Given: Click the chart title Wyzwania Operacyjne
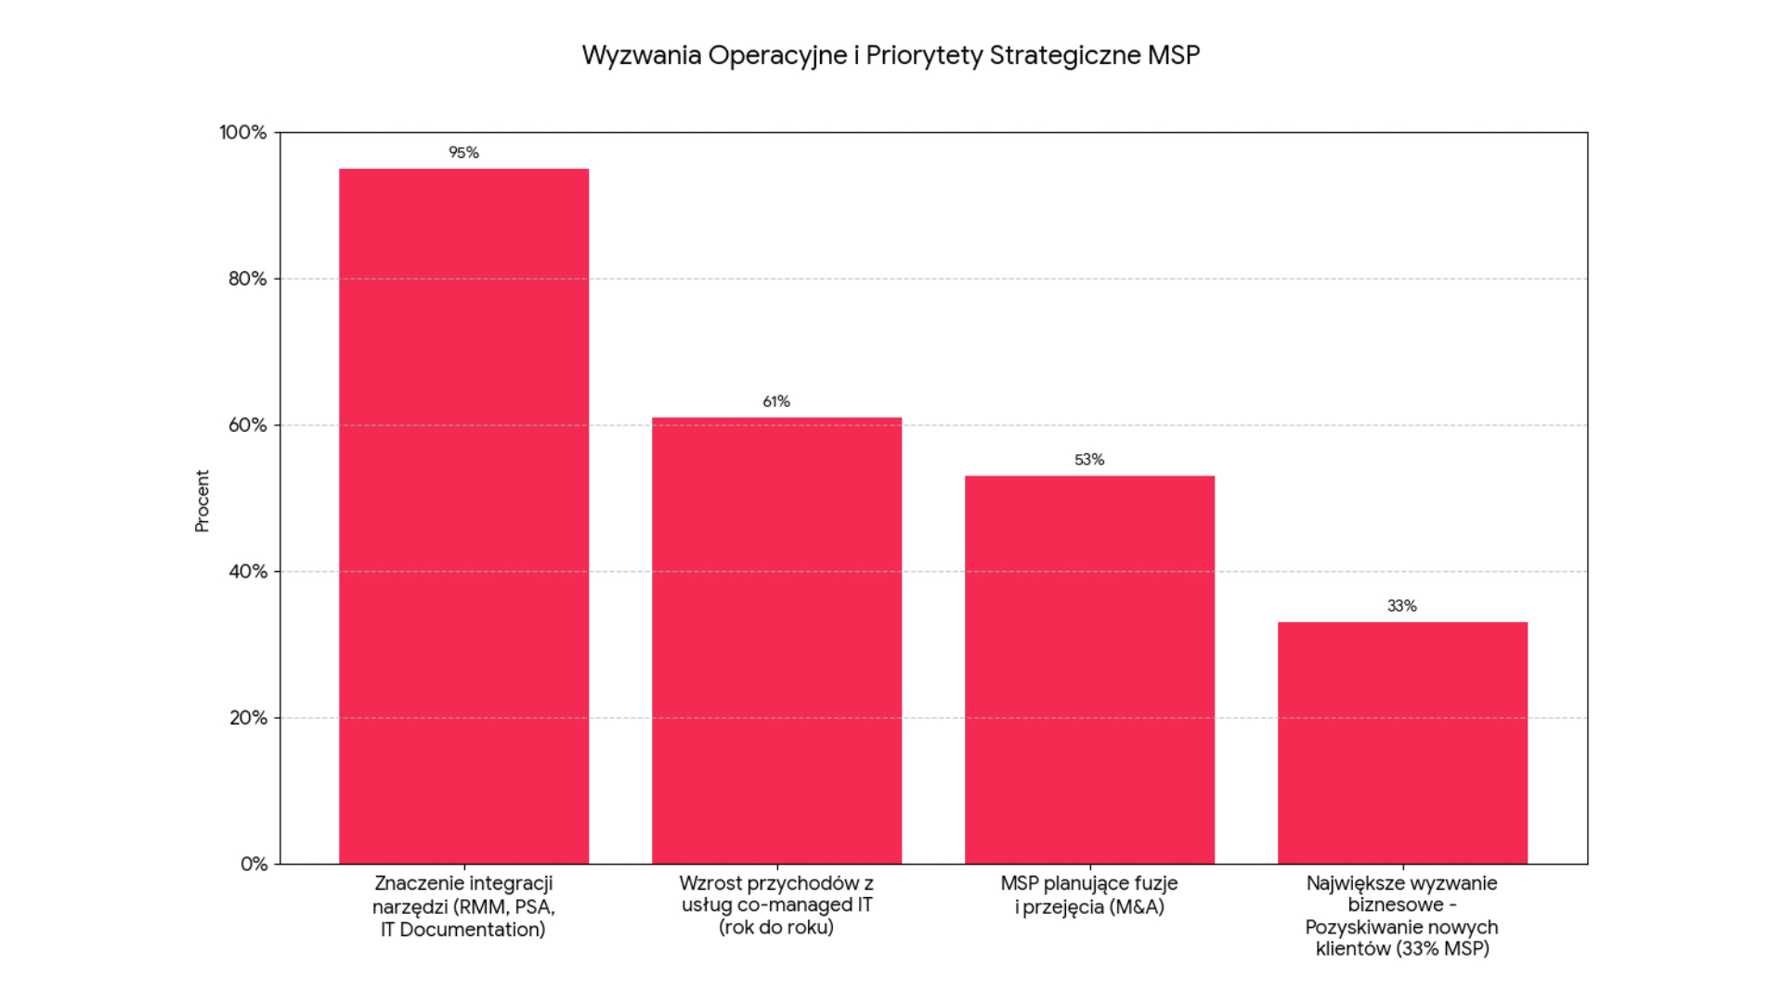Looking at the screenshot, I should point(891,56).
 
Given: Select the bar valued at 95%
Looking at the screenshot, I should point(463,515).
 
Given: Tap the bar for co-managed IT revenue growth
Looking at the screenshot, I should point(776,641).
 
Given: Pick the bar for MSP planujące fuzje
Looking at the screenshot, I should point(1089,669).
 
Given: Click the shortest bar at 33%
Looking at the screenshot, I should point(1402,743).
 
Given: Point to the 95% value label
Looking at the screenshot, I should point(463,152).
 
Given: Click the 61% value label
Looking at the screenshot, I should point(776,401).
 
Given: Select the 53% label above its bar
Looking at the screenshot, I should point(1089,460).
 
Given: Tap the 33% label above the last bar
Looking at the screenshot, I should point(1402,606).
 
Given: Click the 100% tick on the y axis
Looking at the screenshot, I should point(243,133).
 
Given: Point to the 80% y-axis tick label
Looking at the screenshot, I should point(247,279).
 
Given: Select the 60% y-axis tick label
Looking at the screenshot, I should point(247,425).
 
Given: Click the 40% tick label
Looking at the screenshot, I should point(247,571).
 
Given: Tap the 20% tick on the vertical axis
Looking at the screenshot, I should point(247,718).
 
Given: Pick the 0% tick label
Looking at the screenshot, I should point(254,865).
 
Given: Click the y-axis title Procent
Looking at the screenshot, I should point(202,501).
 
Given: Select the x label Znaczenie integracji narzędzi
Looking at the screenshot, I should point(463,905).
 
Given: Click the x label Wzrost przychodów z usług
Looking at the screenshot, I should point(776,905).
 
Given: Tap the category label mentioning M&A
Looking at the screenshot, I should point(1089,895).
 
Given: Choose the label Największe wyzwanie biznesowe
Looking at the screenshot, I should point(1402,916).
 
